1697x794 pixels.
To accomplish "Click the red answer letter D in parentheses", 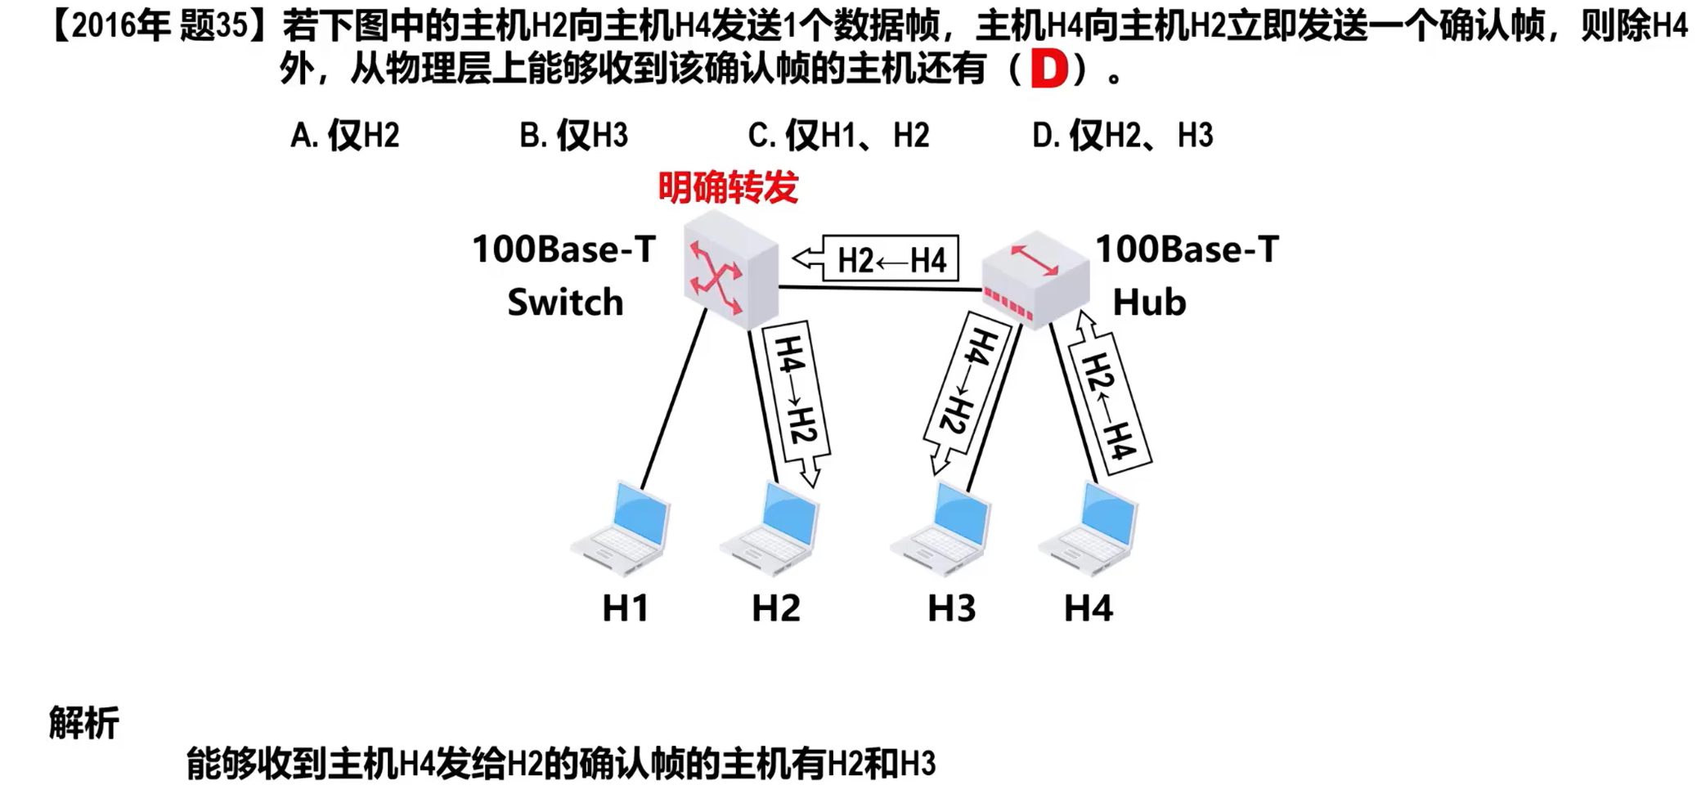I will click(x=1049, y=70).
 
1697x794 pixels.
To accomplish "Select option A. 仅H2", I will click(x=345, y=135).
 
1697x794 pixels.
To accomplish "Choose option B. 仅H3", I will click(x=573, y=135).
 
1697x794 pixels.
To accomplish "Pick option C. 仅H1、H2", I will click(x=838, y=135).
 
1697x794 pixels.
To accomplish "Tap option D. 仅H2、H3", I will click(x=1122, y=135).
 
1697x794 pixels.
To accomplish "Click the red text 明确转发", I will click(x=728, y=187).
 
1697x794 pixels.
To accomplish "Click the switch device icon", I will click(x=730, y=269).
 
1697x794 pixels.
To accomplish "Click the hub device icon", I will click(x=1035, y=279).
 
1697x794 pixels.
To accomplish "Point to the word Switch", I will click(x=565, y=303).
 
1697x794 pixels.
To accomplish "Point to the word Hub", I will click(x=1149, y=303).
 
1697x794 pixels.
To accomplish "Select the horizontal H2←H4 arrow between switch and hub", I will click(x=876, y=260).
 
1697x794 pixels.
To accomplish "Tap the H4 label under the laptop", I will click(x=1088, y=608).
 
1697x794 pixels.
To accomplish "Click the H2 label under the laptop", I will click(x=775, y=608).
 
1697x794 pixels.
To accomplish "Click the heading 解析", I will click(x=83, y=723).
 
